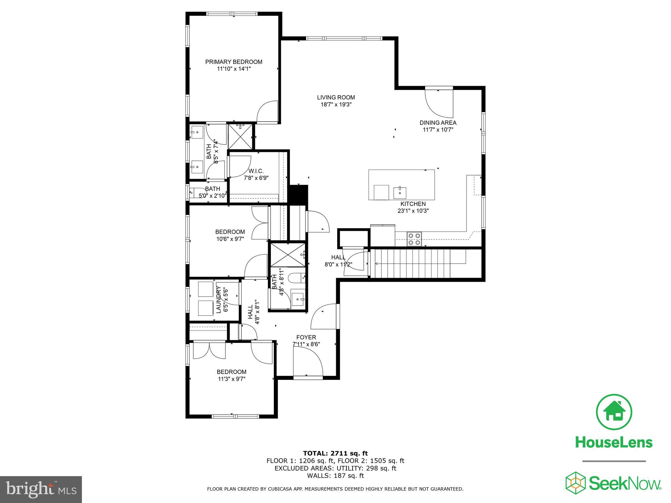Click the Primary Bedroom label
click(x=234, y=62)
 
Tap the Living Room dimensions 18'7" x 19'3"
click(x=336, y=104)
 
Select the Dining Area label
click(x=438, y=123)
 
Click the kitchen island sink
click(x=400, y=193)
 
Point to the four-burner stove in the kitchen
click(x=414, y=239)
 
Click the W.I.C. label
click(x=256, y=171)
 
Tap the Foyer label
click(x=306, y=337)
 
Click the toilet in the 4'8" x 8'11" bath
click(x=296, y=278)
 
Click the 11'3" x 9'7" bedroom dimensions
click(x=232, y=379)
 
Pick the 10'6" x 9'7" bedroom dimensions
click(x=230, y=239)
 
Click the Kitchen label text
click(x=413, y=204)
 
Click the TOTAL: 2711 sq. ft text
click(x=335, y=453)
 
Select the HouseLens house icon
click(x=614, y=412)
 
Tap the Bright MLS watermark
click(x=41, y=489)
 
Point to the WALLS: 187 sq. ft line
click(x=335, y=476)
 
